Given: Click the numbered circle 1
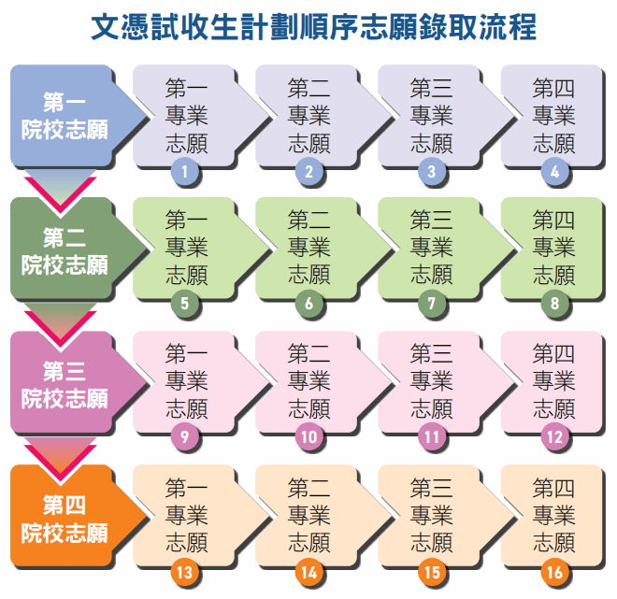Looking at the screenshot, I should click(x=186, y=171).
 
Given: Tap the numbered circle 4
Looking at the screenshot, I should click(x=554, y=171).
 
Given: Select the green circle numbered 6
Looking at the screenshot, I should click(x=309, y=304).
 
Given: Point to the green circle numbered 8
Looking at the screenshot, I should click(x=554, y=304).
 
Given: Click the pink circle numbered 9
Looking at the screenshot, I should click(x=186, y=436).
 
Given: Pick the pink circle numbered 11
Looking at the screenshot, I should click(x=432, y=436).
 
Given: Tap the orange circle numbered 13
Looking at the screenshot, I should click(x=186, y=571).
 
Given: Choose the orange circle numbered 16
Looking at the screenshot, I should click(x=554, y=571).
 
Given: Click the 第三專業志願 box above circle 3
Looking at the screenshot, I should click(x=432, y=115).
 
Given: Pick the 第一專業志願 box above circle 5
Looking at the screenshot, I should click(x=186, y=248).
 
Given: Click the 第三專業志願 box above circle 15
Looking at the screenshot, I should click(x=432, y=515).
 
